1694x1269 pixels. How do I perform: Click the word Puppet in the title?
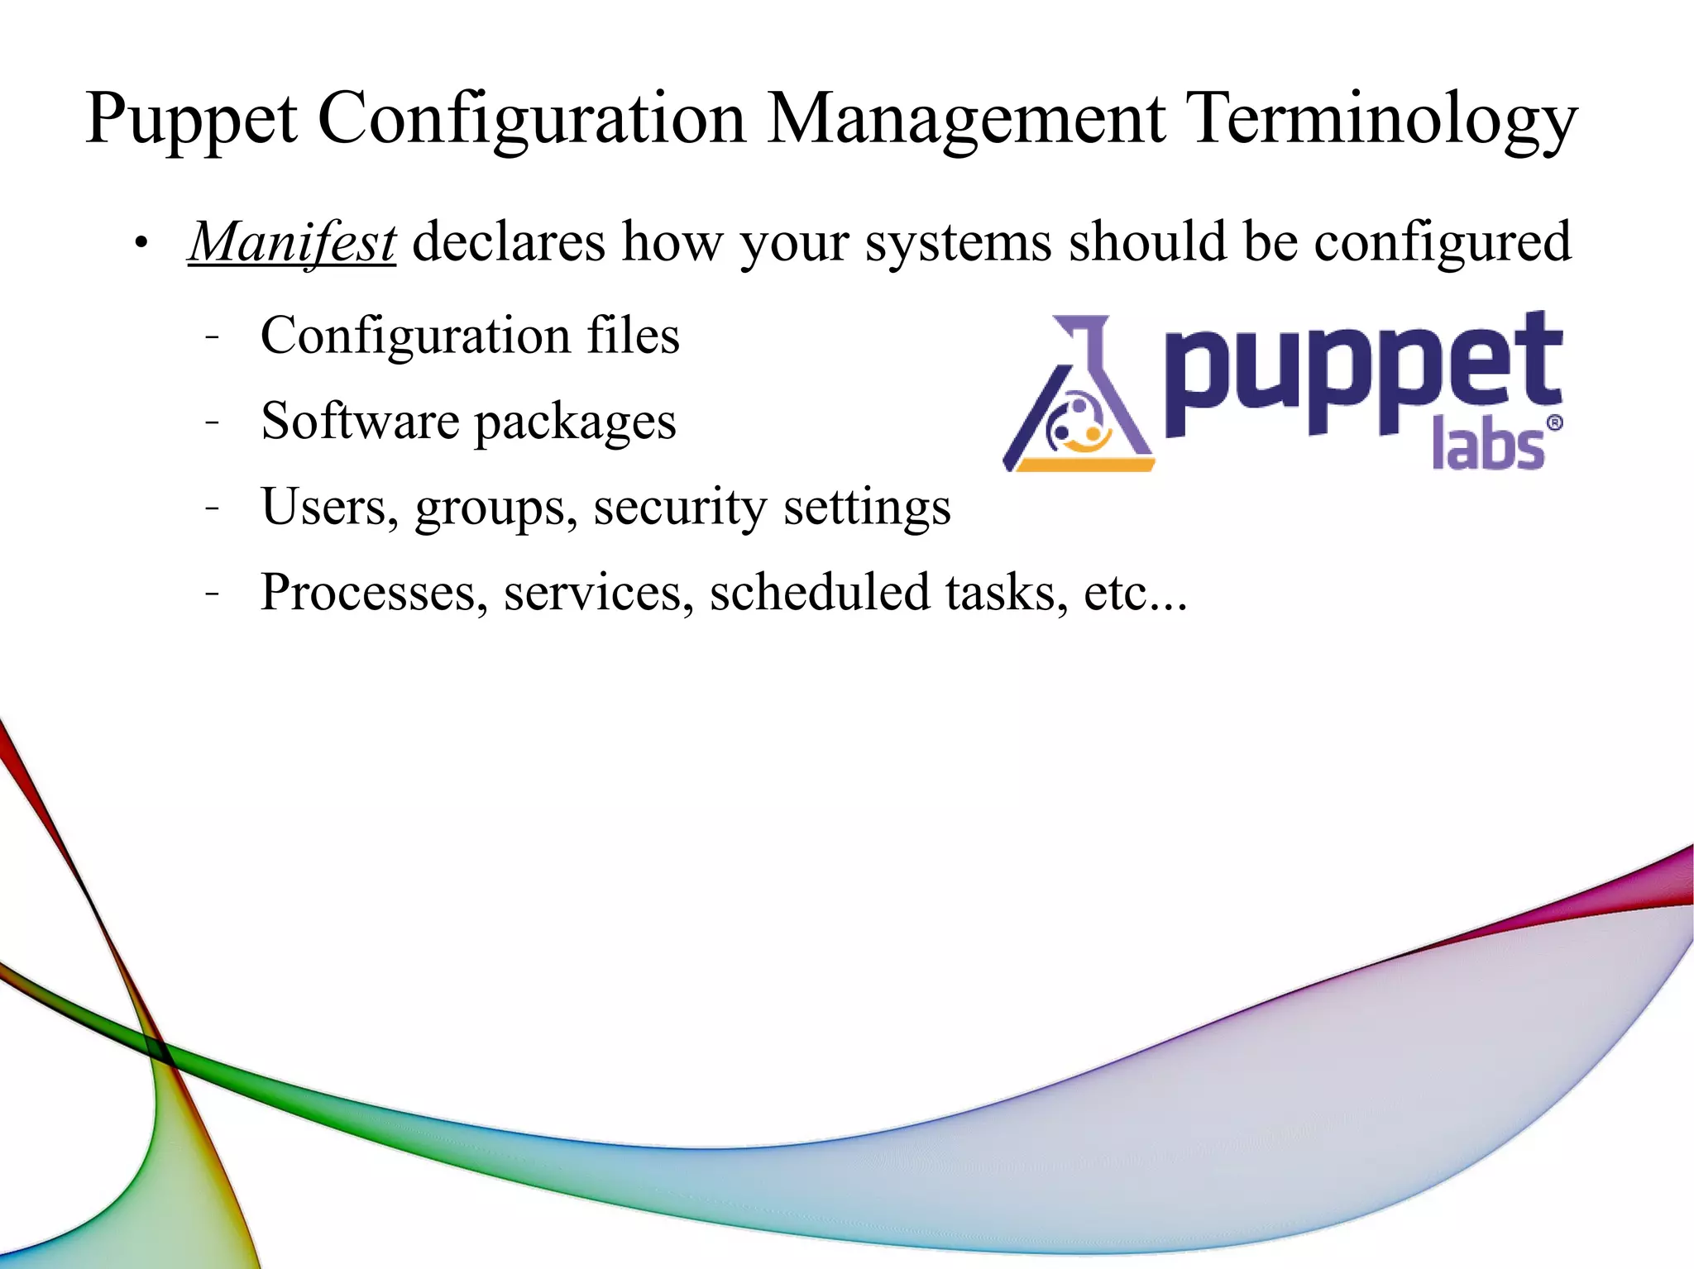coord(191,120)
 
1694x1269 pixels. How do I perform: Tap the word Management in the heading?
coord(965,120)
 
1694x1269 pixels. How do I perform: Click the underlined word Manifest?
coord(292,242)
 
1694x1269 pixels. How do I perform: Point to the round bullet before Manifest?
coord(142,244)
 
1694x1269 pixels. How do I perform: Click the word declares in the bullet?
coord(509,242)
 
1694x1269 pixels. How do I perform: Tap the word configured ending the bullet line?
coord(1442,244)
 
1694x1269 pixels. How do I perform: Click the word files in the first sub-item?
coord(633,336)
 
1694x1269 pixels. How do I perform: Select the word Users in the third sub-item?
coord(324,507)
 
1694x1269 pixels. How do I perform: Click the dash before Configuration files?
coord(213,337)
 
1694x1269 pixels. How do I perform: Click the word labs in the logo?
coord(1487,445)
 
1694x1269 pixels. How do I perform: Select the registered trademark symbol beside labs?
coord(1554,423)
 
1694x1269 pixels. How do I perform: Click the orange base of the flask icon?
coord(1084,465)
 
